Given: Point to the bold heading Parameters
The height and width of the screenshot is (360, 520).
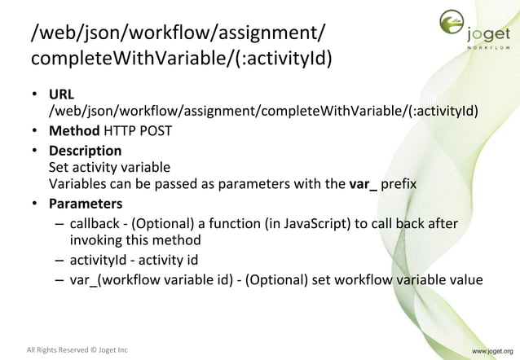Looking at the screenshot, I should (85, 204).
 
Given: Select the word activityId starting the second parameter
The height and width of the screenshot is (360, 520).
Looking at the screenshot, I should (99, 261).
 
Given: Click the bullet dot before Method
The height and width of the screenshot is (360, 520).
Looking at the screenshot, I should (37, 132).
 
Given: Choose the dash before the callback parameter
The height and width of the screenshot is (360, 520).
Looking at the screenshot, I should (60, 223).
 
